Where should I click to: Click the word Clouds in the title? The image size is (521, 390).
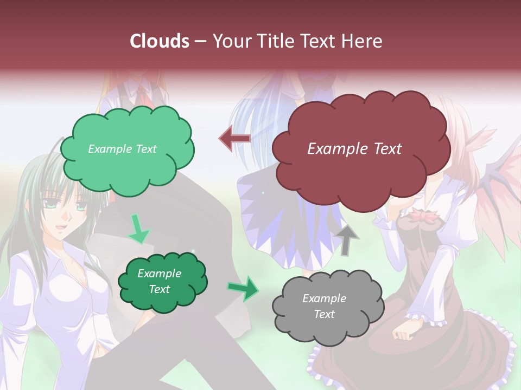(160, 41)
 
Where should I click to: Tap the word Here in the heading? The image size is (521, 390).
(361, 41)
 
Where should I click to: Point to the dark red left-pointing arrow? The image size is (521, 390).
(234, 139)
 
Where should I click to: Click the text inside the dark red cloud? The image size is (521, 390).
(354, 149)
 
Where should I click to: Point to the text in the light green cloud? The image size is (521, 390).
(122, 149)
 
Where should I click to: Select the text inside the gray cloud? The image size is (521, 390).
(324, 306)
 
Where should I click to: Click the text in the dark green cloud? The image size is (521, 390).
(159, 282)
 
